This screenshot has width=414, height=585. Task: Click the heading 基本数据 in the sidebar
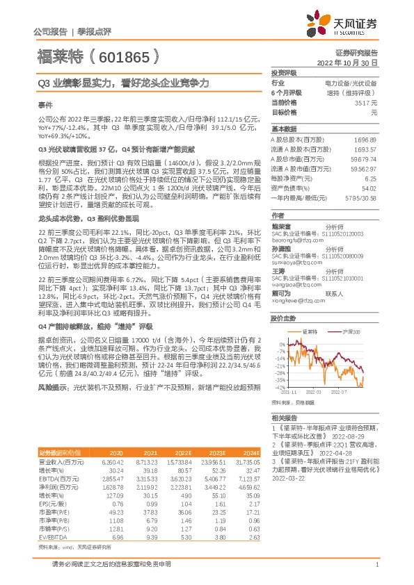(283, 129)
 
